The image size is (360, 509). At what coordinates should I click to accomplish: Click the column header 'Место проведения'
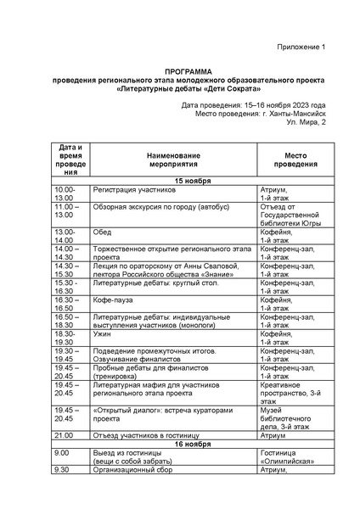click(294, 162)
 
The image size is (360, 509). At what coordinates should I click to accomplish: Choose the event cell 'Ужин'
click(103, 335)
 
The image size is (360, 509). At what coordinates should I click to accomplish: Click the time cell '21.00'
click(64, 435)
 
